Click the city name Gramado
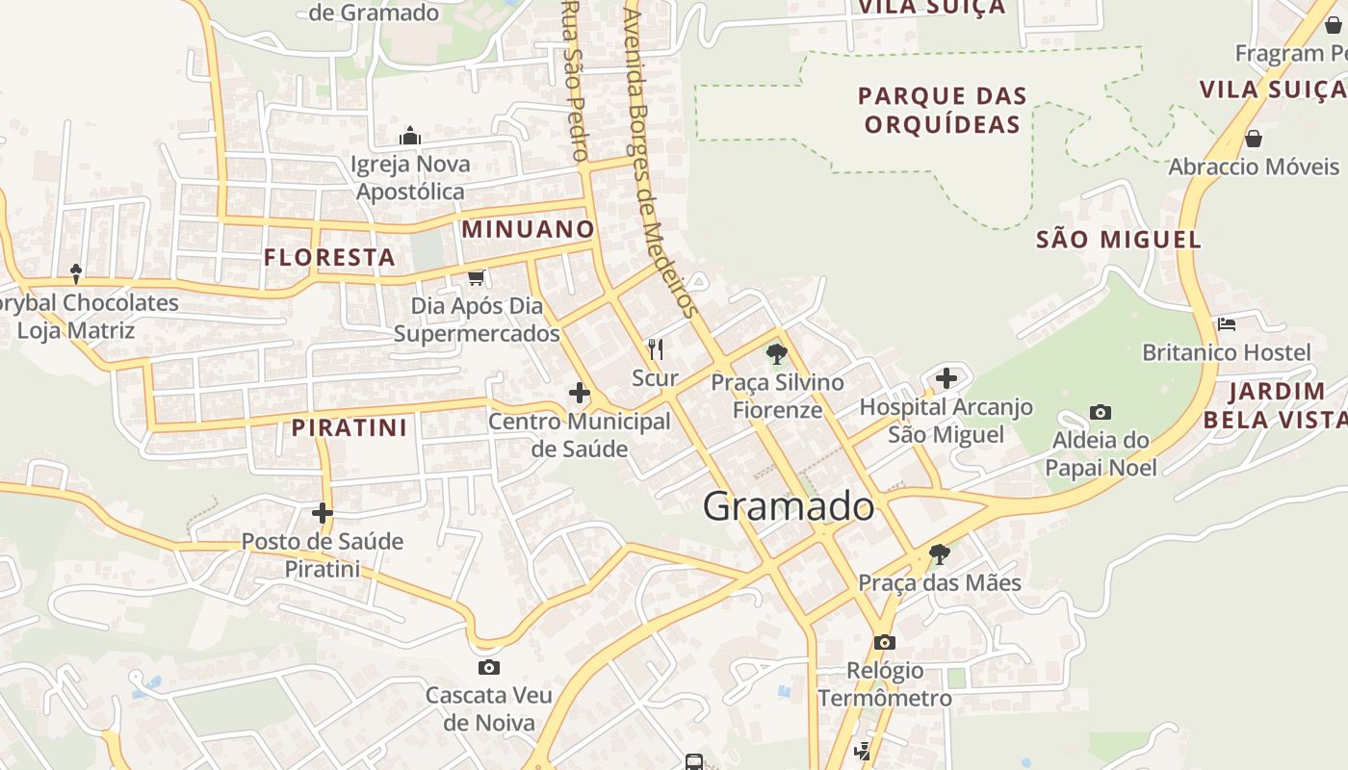[x=789, y=506]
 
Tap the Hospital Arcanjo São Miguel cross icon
[x=946, y=377]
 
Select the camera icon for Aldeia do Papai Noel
[x=1100, y=412]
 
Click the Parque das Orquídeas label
[x=943, y=110]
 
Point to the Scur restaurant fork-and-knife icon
[x=656, y=348]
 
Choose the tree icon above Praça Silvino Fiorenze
[x=776, y=354]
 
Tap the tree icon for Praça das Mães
[x=939, y=553]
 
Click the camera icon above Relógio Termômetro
[x=884, y=642]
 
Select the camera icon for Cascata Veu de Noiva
[x=489, y=667]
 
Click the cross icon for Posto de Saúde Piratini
[x=322, y=513]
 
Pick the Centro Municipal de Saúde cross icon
[x=580, y=393]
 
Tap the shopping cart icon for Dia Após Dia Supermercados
[x=476, y=277]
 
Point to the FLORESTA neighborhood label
[x=329, y=257]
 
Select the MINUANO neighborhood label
[x=528, y=229]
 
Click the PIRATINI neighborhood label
[x=350, y=427]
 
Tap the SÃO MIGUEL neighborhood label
[x=1119, y=240]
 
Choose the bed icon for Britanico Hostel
[x=1226, y=324]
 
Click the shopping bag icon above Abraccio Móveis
[x=1253, y=139]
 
